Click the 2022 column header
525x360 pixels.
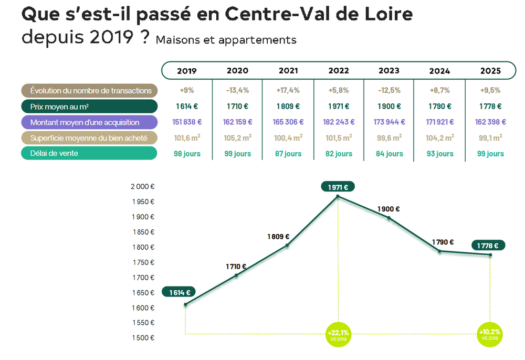339,71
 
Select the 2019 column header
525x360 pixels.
187,71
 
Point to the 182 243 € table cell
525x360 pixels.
339,122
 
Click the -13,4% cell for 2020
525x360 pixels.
237,91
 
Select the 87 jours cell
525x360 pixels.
288,154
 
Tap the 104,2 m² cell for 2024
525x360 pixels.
440,138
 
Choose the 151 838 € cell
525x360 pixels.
187,122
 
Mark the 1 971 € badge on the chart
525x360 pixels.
338,187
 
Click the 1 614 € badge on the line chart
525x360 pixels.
179,292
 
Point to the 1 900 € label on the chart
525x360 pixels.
388,209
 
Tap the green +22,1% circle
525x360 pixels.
338,334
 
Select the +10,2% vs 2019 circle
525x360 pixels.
490,334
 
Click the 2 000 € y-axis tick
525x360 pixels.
142,186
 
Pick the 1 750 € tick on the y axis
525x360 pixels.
142,262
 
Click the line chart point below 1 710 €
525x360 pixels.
236,275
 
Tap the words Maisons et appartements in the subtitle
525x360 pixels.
226,40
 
